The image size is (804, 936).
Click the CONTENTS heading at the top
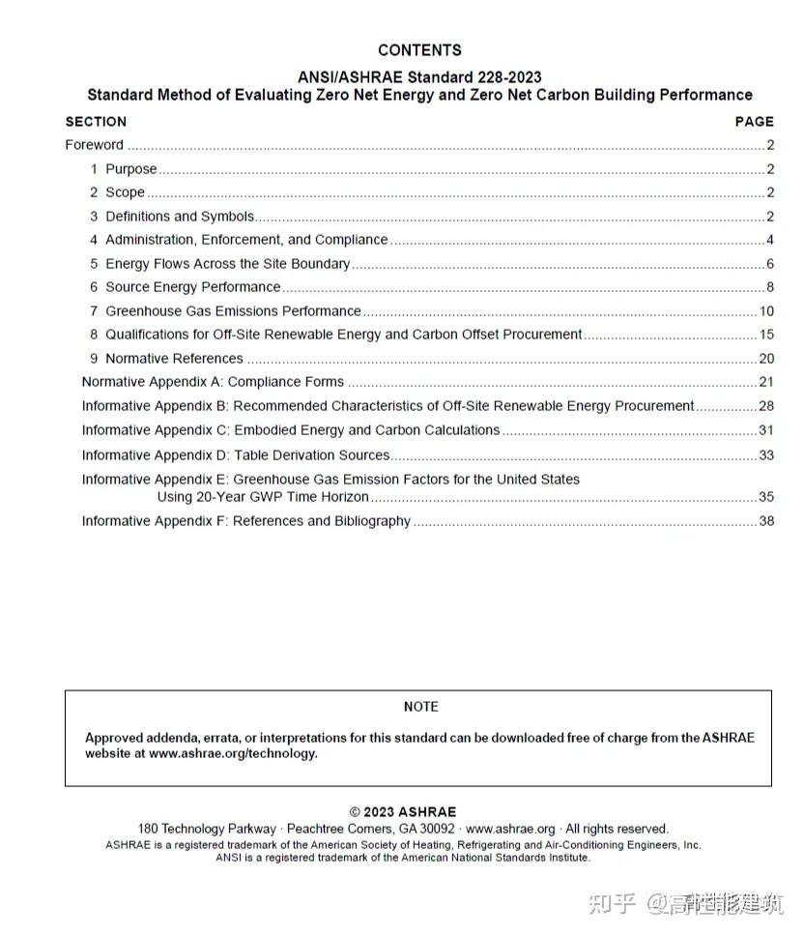pyautogui.click(x=419, y=50)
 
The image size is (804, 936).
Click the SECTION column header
pyautogui.click(x=96, y=122)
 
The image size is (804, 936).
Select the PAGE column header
pyautogui.click(x=754, y=122)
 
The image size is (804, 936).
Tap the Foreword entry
pyautogui.click(x=94, y=145)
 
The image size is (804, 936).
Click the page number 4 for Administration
pyautogui.click(x=769, y=240)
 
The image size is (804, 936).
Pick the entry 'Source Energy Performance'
pyautogui.click(x=192, y=287)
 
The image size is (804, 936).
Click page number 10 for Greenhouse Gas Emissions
pyautogui.click(x=766, y=311)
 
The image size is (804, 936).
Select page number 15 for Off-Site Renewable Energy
pyautogui.click(x=766, y=335)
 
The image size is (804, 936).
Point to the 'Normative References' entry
pyautogui.click(x=174, y=359)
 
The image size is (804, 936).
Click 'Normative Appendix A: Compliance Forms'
pyautogui.click(x=213, y=382)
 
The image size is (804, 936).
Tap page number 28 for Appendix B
pyautogui.click(x=766, y=406)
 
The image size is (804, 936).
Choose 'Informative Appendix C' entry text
pyautogui.click(x=290, y=430)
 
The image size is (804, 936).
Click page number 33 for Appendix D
pyautogui.click(x=766, y=455)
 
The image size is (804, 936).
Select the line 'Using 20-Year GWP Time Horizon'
pyautogui.click(x=263, y=497)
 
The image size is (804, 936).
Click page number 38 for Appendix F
pyautogui.click(x=766, y=521)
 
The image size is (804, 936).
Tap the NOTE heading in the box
pyautogui.click(x=420, y=707)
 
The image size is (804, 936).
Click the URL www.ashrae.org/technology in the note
pyautogui.click(x=232, y=754)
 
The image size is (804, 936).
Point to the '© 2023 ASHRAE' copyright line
pyautogui.click(x=402, y=812)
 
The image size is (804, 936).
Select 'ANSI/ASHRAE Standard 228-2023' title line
pyautogui.click(x=419, y=77)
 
